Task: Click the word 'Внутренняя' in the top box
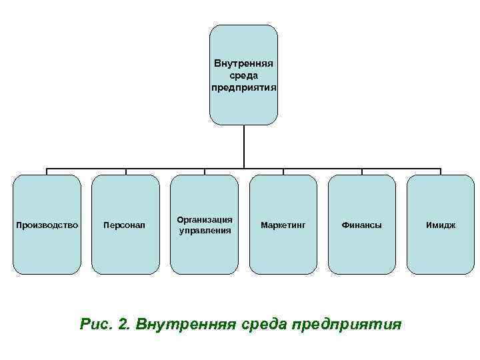[243, 64]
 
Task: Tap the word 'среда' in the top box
[243, 75]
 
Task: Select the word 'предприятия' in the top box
[243, 87]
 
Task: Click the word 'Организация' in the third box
[205, 219]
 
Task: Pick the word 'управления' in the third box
[205, 231]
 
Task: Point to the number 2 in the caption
[122, 324]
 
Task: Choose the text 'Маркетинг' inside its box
[283, 225]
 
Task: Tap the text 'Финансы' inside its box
[362, 225]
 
